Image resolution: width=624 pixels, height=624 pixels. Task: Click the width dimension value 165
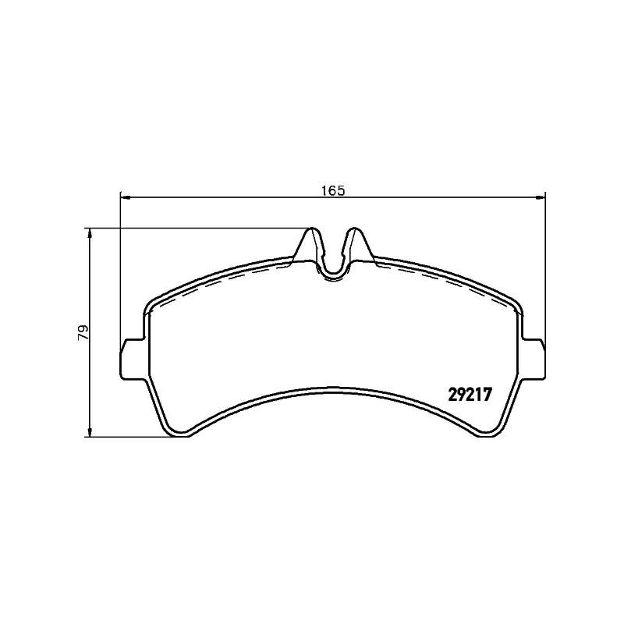pyautogui.click(x=332, y=190)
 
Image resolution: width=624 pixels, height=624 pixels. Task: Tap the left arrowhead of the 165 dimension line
pyautogui.click(x=126, y=196)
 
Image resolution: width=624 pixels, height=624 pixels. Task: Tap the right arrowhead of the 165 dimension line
pyautogui.click(x=540, y=196)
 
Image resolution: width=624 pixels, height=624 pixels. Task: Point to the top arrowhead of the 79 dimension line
pyautogui.click(x=90, y=233)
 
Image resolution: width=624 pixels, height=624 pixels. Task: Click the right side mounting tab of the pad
pyautogui.click(x=534, y=358)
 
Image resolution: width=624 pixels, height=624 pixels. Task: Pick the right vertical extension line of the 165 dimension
pyautogui.click(x=544, y=265)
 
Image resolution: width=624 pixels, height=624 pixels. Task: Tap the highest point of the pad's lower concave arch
pyautogui.click(x=333, y=388)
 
